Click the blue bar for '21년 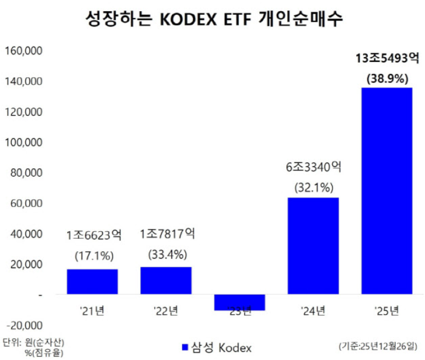[x=92, y=281]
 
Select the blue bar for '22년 [x=166, y=280]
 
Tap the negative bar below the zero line [x=240, y=302]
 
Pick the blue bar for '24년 [x=313, y=246]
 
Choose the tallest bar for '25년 [x=387, y=191]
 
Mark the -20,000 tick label [x=24, y=325]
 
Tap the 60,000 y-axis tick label [x=25, y=204]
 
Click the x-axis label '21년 [x=92, y=310]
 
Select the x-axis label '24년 [x=313, y=310]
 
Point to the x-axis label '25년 [x=387, y=310]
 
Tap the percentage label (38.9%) [x=387, y=78]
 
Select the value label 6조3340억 [x=313, y=168]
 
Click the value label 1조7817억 [x=166, y=235]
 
